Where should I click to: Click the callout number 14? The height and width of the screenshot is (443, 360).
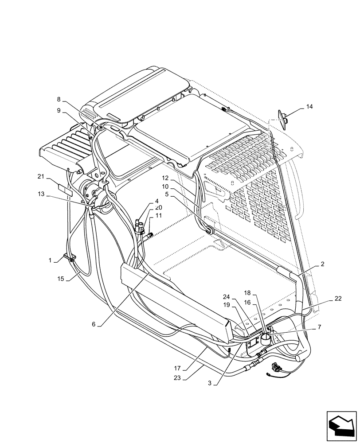coord(309,107)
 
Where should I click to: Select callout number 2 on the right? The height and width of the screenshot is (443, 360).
coord(322,264)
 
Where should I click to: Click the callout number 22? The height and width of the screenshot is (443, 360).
coord(338,299)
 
